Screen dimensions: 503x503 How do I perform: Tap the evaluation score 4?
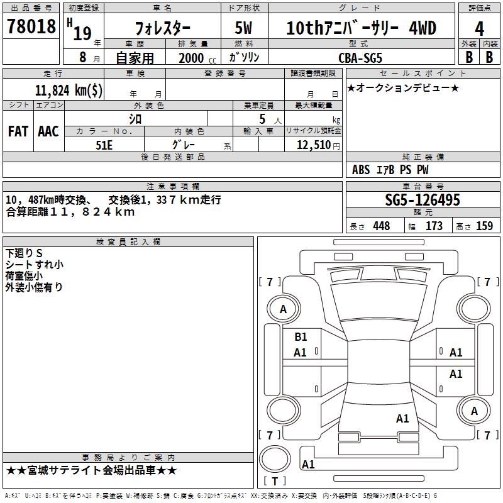tap(479, 28)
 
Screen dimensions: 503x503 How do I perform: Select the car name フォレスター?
tap(163, 28)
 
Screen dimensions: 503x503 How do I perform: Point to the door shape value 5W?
tap(243, 28)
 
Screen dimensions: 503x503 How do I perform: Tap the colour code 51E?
tap(104, 145)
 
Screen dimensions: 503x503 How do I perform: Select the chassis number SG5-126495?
tap(423, 200)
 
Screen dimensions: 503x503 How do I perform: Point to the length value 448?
tap(381, 226)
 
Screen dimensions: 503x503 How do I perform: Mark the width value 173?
tap(434, 226)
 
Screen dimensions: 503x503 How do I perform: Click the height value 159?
tap(484, 226)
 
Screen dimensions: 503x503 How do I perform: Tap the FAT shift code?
tap(18, 131)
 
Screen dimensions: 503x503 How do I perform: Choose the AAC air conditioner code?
tap(48, 131)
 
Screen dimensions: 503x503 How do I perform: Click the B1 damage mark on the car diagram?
tap(301, 337)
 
